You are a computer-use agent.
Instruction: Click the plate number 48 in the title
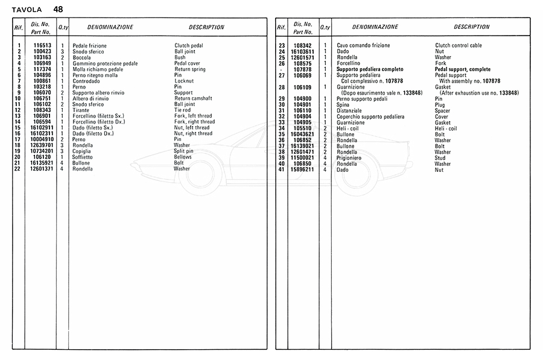(x=58, y=9)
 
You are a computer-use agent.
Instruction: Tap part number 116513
(x=42, y=46)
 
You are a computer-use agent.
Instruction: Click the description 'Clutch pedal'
(x=189, y=46)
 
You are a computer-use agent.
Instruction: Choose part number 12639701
(x=42, y=145)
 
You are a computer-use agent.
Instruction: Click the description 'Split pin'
(x=185, y=151)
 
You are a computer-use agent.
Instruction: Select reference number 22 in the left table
(x=19, y=169)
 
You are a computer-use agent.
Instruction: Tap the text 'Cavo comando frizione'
(x=363, y=46)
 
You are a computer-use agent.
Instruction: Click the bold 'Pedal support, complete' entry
(x=463, y=69)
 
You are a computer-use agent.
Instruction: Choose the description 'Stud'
(x=440, y=158)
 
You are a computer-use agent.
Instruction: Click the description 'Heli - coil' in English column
(x=446, y=128)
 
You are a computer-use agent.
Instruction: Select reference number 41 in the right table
(x=281, y=170)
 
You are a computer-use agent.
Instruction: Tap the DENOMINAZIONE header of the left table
(x=110, y=27)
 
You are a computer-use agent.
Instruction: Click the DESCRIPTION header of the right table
(x=471, y=27)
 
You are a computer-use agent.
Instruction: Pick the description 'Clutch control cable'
(x=459, y=46)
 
